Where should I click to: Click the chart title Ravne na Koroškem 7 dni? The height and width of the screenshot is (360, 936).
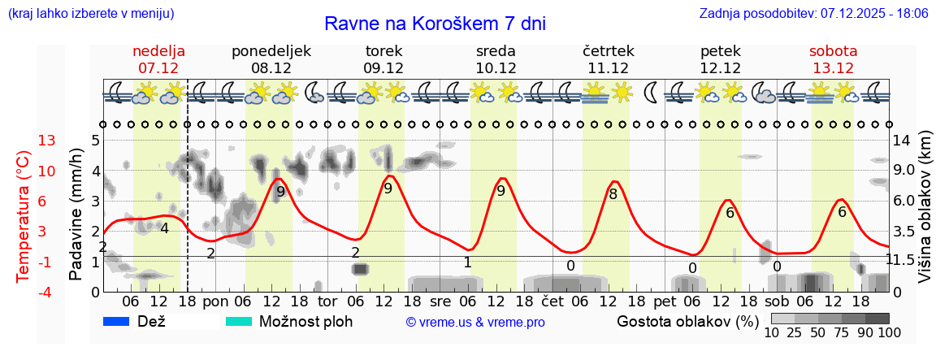point(435,24)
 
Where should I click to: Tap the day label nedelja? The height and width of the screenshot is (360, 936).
point(159,51)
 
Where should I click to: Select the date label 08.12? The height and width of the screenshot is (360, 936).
point(271,68)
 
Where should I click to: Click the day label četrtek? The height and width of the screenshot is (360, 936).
point(608,51)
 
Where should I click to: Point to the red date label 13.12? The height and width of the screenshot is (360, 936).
point(834,68)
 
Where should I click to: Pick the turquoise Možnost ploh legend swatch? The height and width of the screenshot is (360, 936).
point(239,321)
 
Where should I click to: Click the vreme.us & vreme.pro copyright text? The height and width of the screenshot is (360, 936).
point(475,323)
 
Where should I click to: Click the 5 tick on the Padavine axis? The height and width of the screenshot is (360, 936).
point(95,141)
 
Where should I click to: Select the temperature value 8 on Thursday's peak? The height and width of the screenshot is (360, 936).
point(613,194)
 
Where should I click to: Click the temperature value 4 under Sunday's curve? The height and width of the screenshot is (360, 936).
point(164,228)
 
